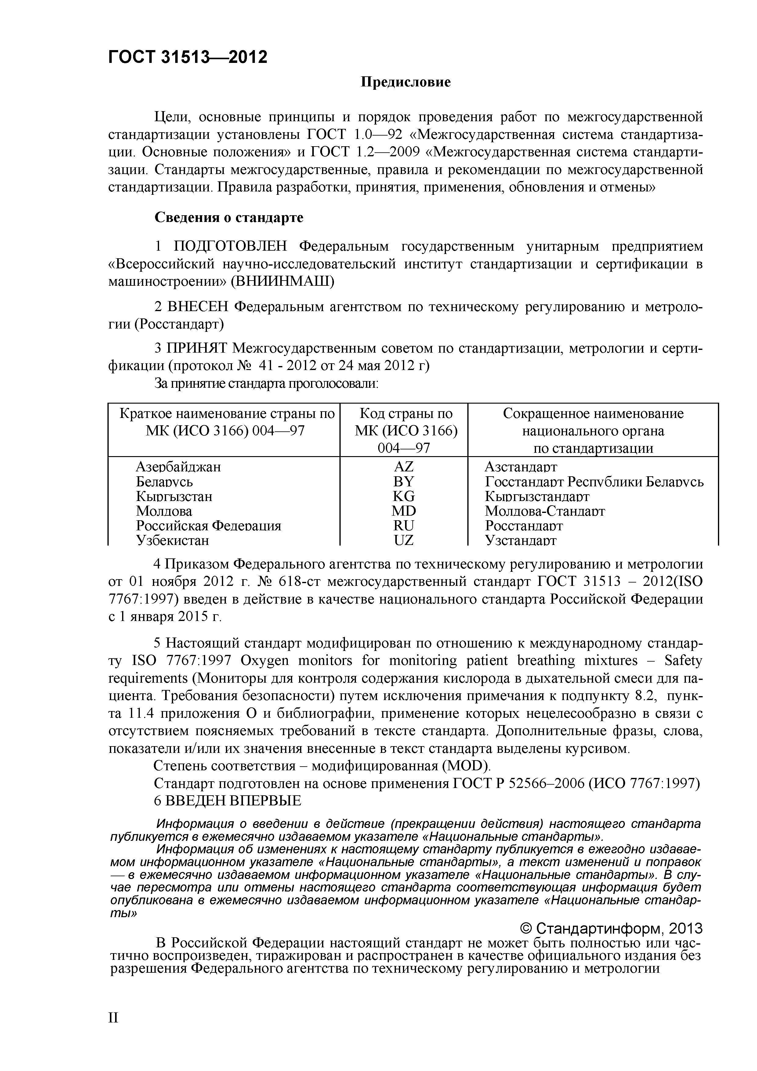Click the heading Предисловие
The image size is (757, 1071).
tap(405, 82)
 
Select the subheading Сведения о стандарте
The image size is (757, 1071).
tap(229, 217)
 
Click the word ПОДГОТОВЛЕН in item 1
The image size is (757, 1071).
tap(232, 246)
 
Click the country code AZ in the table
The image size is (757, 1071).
tap(404, 467)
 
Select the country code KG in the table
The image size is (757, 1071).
tap(404, 496)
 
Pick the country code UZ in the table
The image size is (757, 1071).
tap(404, 540)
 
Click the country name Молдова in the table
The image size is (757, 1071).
tap(164, 511)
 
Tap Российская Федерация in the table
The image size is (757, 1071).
tap(208, 526)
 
